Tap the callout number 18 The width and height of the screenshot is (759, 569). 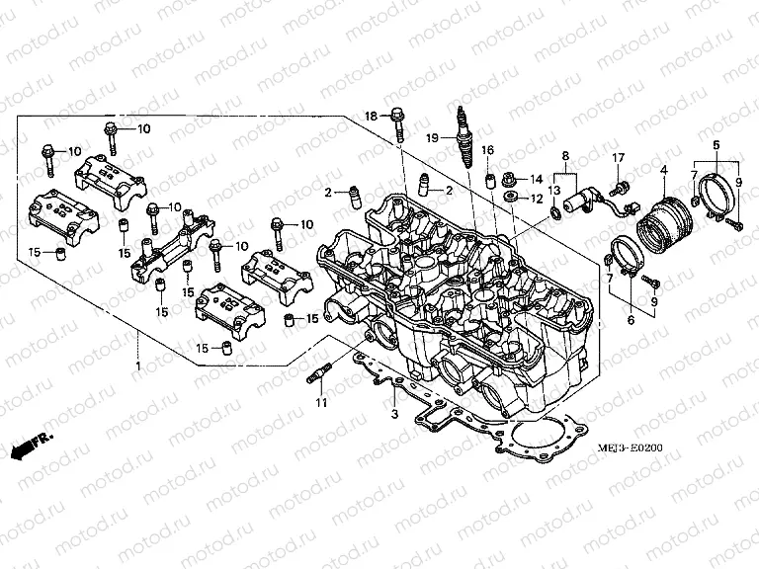pyautogui.click(x=372, y=117)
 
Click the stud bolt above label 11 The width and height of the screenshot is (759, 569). pyautogui.click(x=318, y=376)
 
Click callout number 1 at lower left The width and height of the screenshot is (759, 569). pyautogui.click(x=138, y=366)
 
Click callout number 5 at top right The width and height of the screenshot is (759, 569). pyautogui.click(x=716, y=145)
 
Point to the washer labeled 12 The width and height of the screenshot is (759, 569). pyautogui.click(x=511, y=199)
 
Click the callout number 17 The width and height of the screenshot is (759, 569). pyautogui.click(x=619, y=159)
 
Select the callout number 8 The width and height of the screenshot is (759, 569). pyautogui.click(x=566, y=156)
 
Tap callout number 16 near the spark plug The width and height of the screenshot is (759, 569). pyautogui.click(x=487, y=149)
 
